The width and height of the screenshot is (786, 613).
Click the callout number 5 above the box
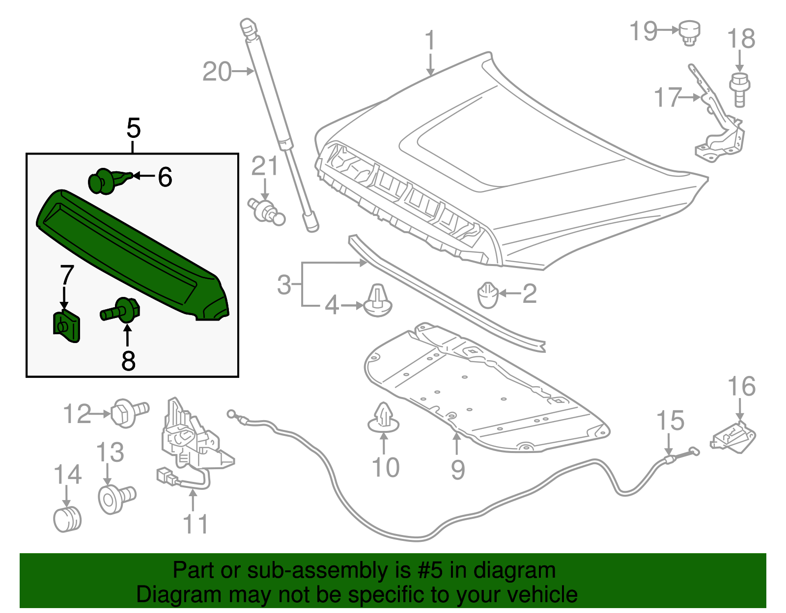[133, 129]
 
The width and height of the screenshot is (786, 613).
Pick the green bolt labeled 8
[123, 310]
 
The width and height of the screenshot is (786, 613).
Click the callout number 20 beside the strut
[217, 72]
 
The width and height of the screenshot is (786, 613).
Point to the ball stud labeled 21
[267, 211]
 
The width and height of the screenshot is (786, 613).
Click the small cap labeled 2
[488, 294]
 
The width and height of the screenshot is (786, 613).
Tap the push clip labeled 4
[378, 300]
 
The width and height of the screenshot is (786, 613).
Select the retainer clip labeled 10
[384, 418]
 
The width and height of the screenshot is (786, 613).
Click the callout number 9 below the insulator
[458, 470]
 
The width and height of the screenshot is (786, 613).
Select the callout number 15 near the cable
[670, 421]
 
